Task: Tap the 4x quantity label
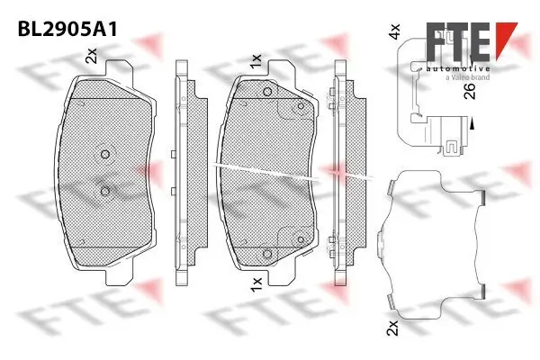click(392, 34)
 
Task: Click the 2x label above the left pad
click(91, 58)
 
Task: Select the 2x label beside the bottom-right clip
click(392, 328)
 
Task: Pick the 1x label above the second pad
click(256, 61)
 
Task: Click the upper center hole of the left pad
click(105, 154)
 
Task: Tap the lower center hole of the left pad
click(105, 190)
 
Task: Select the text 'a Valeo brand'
click(467, 78)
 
